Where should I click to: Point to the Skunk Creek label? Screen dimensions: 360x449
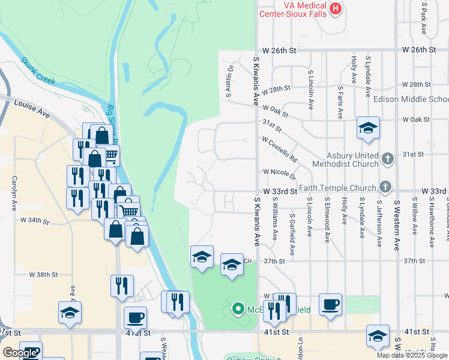point(38,70)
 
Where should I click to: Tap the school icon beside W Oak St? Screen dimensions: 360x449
point(368,128)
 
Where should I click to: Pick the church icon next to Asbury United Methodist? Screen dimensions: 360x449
point(388,159)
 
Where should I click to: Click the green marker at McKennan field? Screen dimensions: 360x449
point(238,310)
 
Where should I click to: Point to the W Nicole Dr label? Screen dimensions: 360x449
point(280,173)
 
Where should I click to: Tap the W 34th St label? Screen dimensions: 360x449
point(34,221)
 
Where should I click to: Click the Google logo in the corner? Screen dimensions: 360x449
point(20,353)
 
